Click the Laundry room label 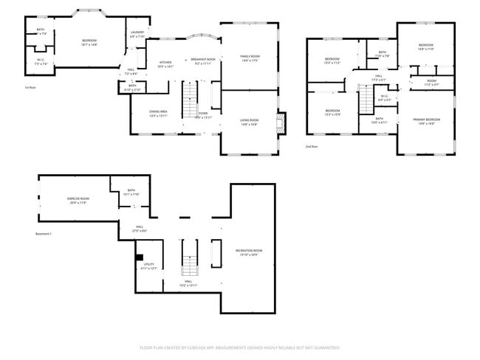coord(137,33)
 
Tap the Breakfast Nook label coord(202,60)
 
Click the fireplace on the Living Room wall coord(280,121)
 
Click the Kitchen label coord(166,63)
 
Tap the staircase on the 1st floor coord(191,94)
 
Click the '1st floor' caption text coord(30,87)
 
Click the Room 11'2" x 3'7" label coord(431,82)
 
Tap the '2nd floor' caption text coord(312,147)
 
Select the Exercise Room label coord(78,200)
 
